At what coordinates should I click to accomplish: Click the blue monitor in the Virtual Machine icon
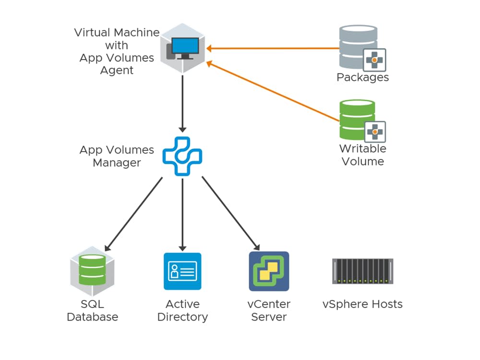tap(185, 47)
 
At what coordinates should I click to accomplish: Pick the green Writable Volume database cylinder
tap(356, 117)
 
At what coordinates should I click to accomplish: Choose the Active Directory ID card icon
tap(182, 271)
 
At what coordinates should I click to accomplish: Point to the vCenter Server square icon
tap(269, 271)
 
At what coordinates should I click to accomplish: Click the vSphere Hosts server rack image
tap(362, 271)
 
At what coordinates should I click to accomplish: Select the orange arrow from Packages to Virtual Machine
tap(274, 48)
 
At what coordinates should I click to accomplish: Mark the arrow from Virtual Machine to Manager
tap(182, 103)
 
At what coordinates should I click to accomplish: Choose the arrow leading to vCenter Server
tap(230, 214)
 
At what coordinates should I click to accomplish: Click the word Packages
tap(362, 77)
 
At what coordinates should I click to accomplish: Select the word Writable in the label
tap(362, 148)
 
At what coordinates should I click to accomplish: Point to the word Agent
tap(117, 70)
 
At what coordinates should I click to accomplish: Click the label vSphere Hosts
tap(362, 304)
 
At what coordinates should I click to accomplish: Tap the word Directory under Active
tap(182, 317)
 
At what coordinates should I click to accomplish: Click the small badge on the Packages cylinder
tap(374, 60)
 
